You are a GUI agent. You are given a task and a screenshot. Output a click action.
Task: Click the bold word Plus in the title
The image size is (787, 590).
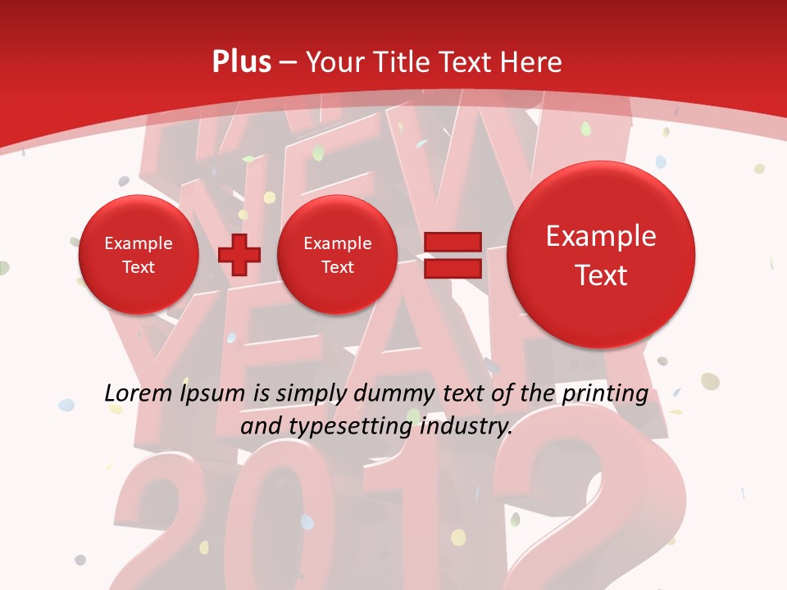tap(241, 62)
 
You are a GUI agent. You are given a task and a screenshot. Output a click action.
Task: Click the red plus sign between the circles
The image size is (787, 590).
tap(239, 256)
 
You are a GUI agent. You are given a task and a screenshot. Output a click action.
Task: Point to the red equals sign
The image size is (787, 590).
tap(452, 255)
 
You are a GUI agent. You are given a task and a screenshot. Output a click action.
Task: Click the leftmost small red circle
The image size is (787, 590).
tap(139, 255)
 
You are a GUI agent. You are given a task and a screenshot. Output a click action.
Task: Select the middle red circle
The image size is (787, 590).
tap(337, 255)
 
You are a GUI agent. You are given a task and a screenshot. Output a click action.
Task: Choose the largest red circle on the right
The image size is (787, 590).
tap(601, 254)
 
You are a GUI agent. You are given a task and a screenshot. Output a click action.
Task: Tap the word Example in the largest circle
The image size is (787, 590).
tap(601, 236)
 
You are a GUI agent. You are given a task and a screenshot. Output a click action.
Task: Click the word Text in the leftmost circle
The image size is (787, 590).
tap(139, 267)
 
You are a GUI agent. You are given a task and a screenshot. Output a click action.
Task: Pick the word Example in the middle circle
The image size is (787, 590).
tap(337, 243)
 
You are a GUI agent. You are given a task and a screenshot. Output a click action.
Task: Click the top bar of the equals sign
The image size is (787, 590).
tap(452, 243)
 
